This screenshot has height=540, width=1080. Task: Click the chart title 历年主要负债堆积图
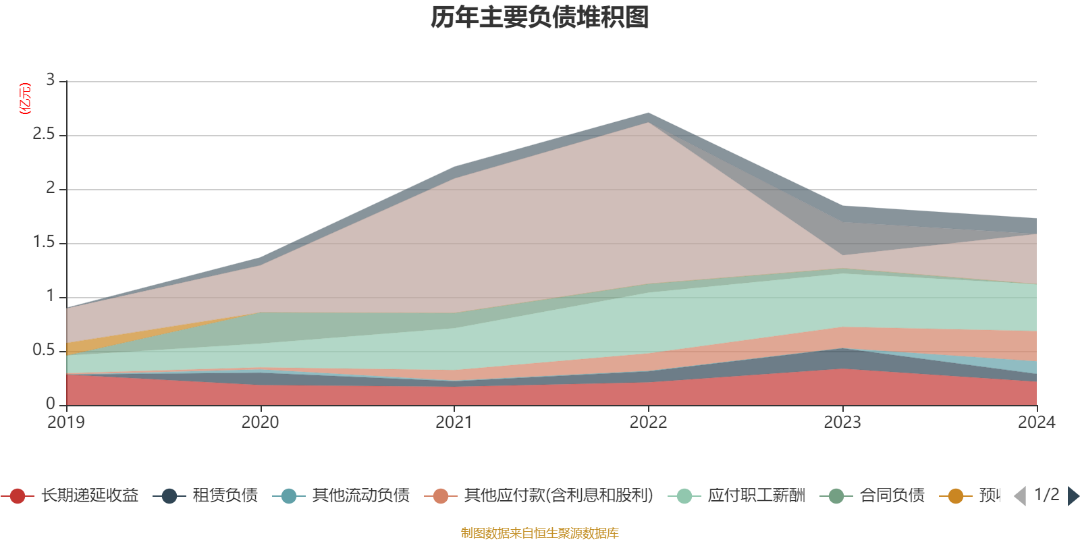(x=540, y=18)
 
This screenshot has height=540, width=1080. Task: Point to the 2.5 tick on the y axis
(x=44, y=134)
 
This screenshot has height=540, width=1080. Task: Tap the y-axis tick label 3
(x=50, y=80)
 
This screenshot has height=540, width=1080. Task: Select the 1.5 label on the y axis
(x=44, y=242)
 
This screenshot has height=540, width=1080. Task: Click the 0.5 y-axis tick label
(x=44, y=350)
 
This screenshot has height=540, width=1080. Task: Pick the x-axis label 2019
(x=66, y=423)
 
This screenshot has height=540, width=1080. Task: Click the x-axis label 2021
(x=454, y=423)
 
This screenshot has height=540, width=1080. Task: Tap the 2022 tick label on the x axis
(x=648, y=423)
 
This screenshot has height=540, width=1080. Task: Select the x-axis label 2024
(x=1036, y=423)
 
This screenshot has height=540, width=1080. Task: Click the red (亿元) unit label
(x=25, y=99)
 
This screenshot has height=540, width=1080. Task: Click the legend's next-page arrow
(x=1073, y=496)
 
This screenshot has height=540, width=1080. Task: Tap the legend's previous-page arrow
(x=1020, y=496)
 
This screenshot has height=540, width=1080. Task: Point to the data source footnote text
(x=540, y=533)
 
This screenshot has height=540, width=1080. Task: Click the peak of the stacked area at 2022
(x=648, y=113)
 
